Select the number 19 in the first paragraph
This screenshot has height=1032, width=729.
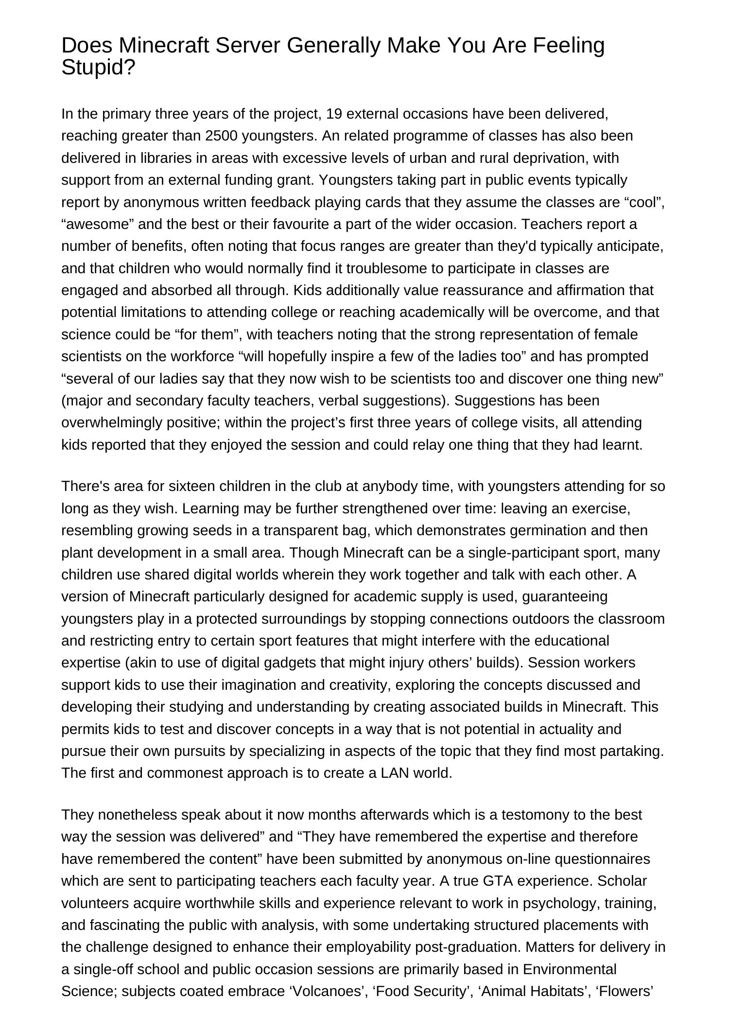(334, 114)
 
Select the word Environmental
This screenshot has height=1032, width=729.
(570, 969)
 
